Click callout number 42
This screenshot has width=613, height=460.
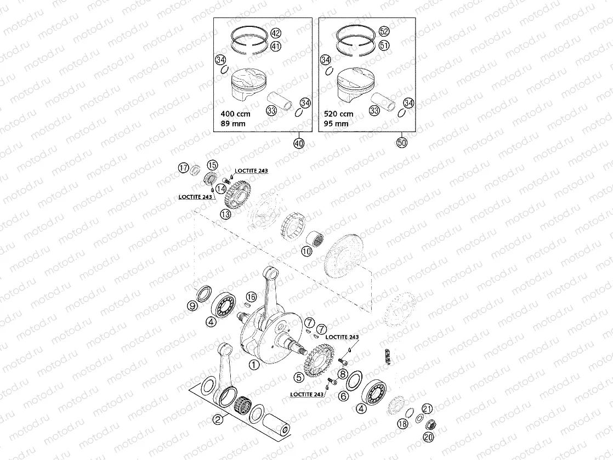click(x=275, y=33)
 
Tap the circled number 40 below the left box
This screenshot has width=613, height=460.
click(x=299, y=143)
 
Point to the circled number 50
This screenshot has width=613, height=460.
click(x=403, y=143)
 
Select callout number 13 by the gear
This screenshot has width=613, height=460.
click(x=226, y=214)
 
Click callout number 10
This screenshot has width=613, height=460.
click(x=306, y=251)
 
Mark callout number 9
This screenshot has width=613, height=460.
click(x=192, y=306)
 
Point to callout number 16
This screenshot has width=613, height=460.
click(x=251, y=297)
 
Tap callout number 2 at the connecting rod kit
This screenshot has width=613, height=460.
click(x=218, y=420)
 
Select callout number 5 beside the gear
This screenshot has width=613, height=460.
click(x=299, y=377)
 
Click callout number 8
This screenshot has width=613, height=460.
click(x=343, y=374)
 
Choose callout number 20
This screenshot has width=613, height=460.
click(x=428, y=437)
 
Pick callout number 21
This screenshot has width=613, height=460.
click(x=428, y=408)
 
